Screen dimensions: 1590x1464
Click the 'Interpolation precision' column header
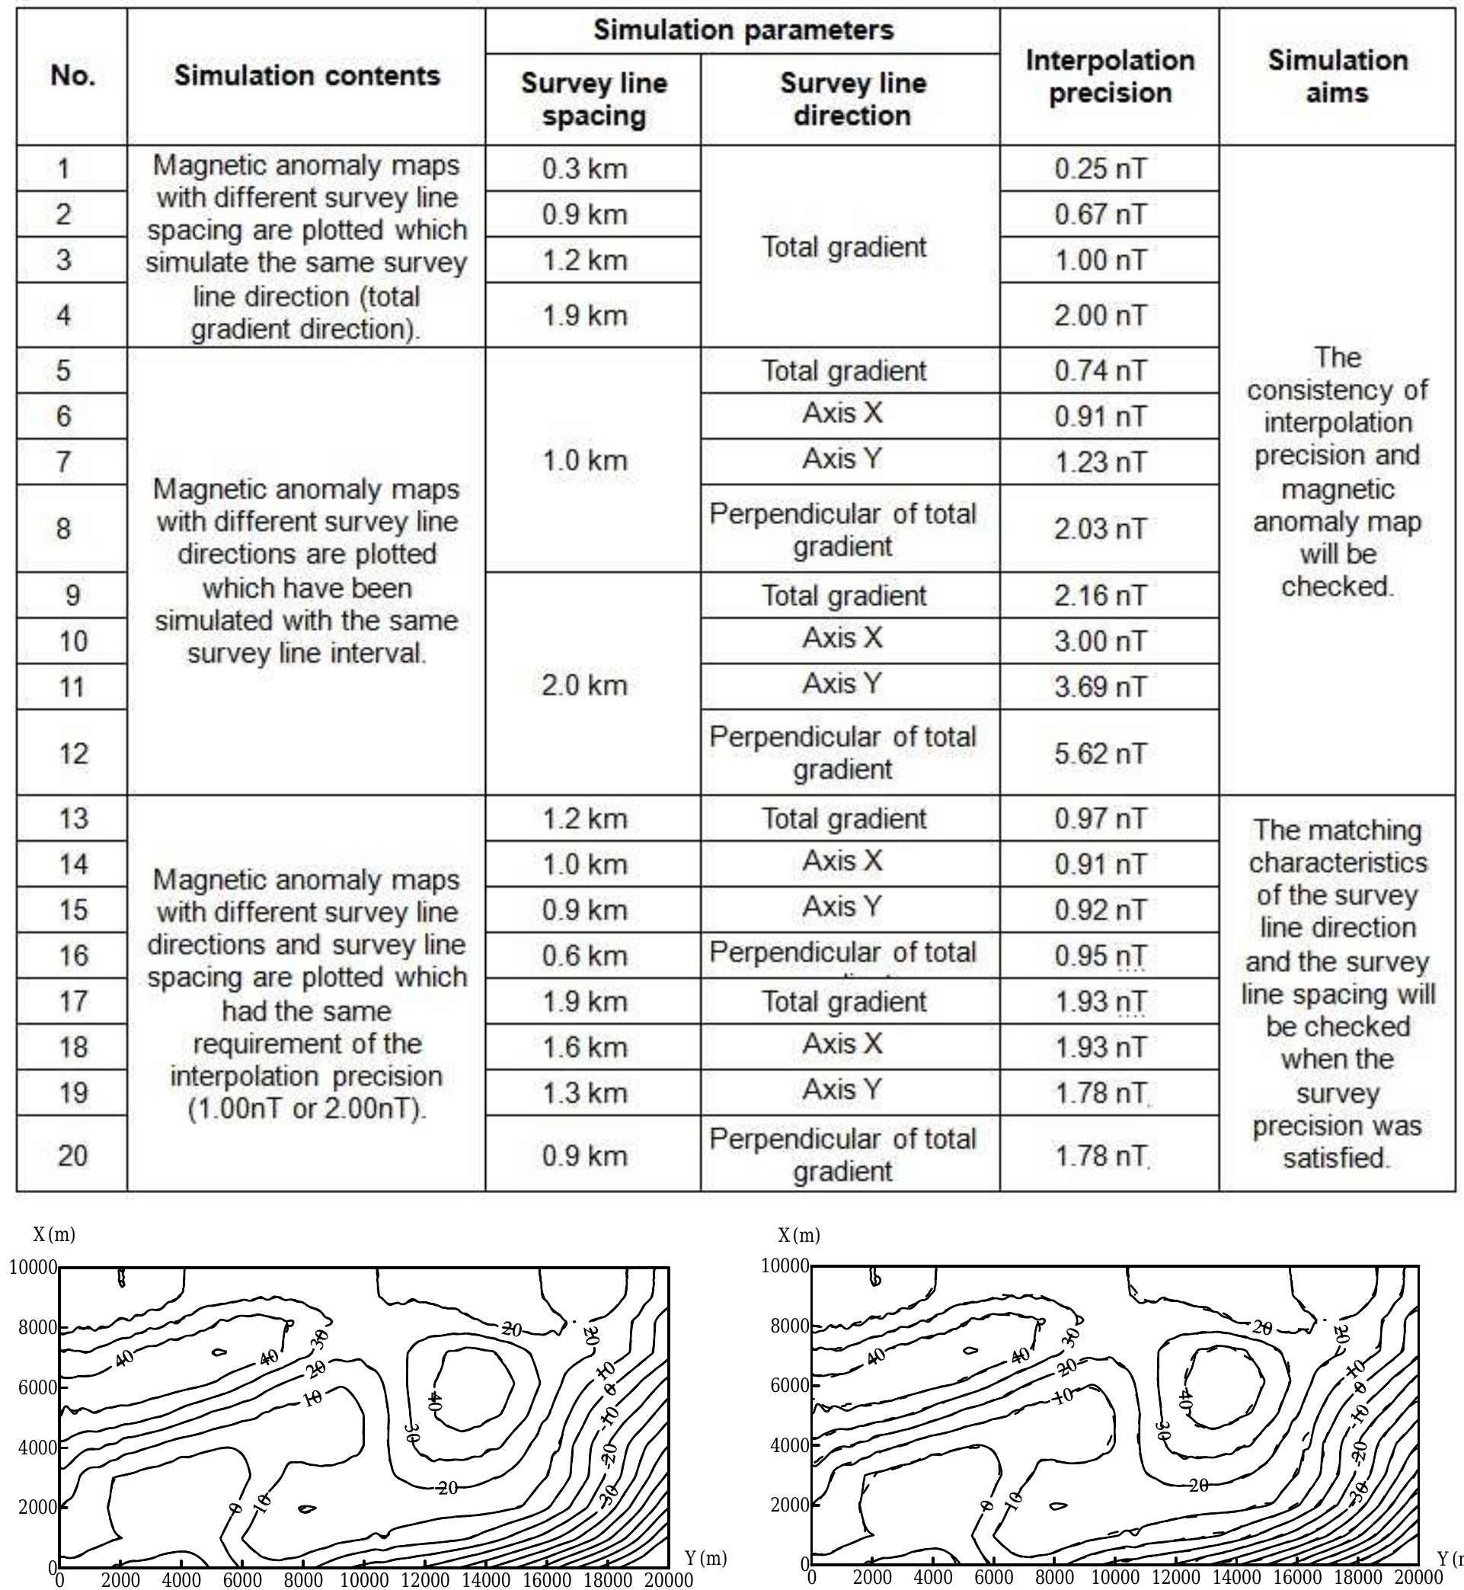[x=1109, y=76]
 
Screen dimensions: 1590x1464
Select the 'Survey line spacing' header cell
[x=593, y=99]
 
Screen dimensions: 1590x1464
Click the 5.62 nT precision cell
[x=1100, y=753]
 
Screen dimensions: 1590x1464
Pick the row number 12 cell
[x=72, y=753]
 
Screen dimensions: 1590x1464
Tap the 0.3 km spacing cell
[x=585, y=168]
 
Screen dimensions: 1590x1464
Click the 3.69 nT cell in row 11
[x=1100, y=686]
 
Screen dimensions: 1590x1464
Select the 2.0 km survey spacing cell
[x=585, y=685]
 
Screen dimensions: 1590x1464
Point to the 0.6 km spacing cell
[x=585, y=955]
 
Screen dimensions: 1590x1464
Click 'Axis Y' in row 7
[x=842, y=459]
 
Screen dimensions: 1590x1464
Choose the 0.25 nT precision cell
[x=1100, y=168]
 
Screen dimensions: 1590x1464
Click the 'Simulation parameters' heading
[x=743, y=30]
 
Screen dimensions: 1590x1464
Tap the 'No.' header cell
[x=72, y=76]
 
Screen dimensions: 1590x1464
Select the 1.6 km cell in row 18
[x=585, y=1048]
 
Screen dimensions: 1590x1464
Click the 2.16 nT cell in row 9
[x=1100, y=595]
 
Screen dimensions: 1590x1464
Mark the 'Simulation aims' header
[x=1338, y=76]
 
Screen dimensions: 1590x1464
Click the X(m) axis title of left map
[x=54, y=1234]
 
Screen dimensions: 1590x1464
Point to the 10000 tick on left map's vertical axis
[x=33, y=1268]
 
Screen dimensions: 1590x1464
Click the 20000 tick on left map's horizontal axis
[x=669, y=1579]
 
